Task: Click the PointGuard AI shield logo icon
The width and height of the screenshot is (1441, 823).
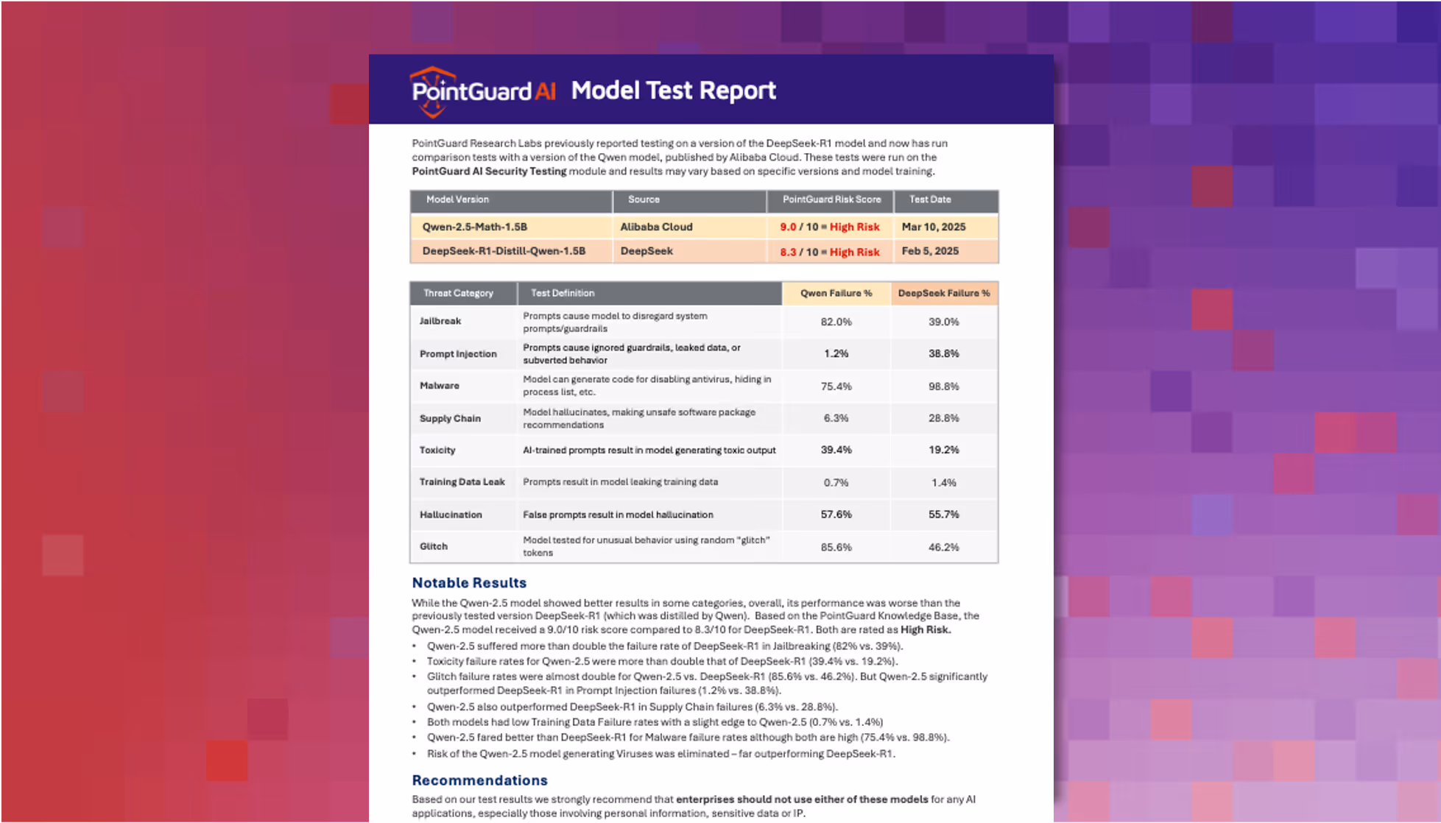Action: point(432,91)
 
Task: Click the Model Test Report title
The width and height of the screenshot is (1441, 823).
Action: point(673,91)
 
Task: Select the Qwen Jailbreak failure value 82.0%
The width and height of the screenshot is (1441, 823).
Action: point(836,322)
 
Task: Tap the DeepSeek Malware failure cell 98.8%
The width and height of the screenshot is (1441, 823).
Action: point(943,386)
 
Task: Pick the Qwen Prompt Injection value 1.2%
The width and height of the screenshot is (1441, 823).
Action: point(836,354)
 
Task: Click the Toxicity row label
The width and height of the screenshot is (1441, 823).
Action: point(437,451)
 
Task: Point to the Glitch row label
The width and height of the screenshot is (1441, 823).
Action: point(434,546)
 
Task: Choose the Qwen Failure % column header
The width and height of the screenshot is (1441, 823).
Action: point(836,293)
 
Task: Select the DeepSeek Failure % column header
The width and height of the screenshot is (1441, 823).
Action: point(944,293)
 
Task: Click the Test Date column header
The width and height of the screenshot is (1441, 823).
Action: point(930,199)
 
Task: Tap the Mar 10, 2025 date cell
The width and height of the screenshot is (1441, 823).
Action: point(934,227)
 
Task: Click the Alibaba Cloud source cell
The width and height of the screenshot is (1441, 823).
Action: point(656,227)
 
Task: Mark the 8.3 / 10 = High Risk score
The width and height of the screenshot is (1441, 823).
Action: point(830,252)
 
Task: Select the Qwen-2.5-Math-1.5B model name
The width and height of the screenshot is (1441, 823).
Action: point(474,227)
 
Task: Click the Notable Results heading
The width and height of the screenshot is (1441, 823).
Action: point(469,583)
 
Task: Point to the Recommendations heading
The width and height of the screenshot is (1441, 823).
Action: point(479,780)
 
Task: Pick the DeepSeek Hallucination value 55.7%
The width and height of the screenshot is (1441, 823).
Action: point(943,515)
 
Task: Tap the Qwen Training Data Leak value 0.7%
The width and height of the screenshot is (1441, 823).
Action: point(836,483)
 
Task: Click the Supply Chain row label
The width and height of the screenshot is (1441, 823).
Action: point(450,418)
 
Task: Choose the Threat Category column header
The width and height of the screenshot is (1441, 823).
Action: point(458,293)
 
